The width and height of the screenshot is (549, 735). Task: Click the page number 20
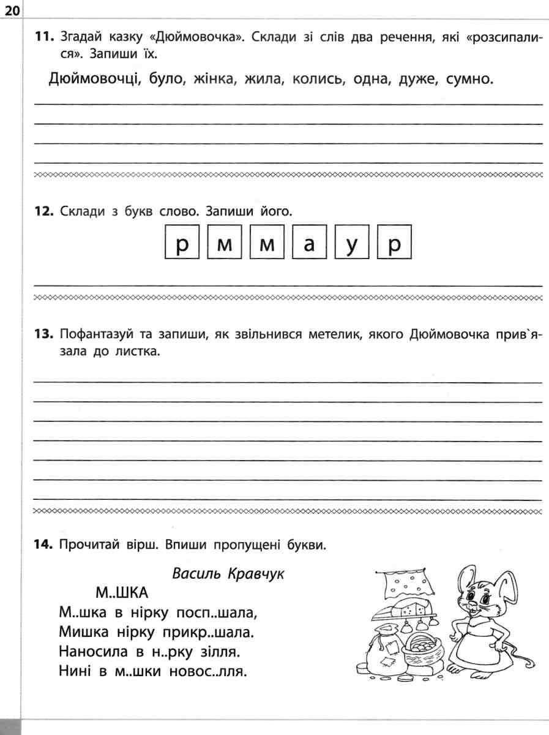coord(12,10)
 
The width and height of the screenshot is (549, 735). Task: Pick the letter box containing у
coord(352,245)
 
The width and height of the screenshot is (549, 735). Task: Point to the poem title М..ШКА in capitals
coord(122,593)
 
